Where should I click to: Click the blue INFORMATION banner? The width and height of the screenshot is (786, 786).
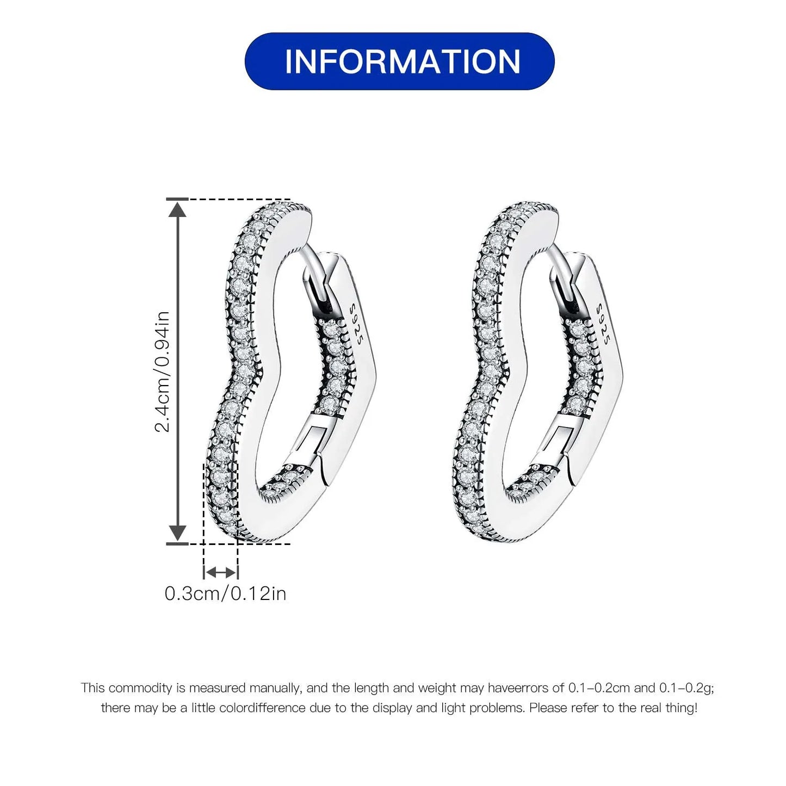[x=399, y=61]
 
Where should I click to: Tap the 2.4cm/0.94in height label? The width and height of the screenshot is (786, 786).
[x=163, y=371]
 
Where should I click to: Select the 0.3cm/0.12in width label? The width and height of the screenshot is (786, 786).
[x=225, y=593]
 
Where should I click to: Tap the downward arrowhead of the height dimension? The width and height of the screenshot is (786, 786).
[x=178, y=534]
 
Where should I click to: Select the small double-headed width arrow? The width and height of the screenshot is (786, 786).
[x=220, y=572]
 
